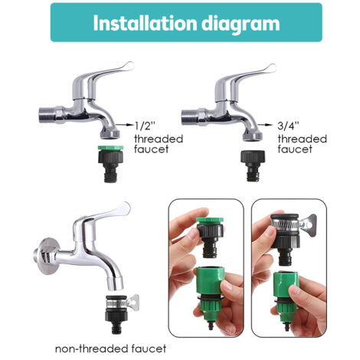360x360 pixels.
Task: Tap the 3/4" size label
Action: point(290,123)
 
